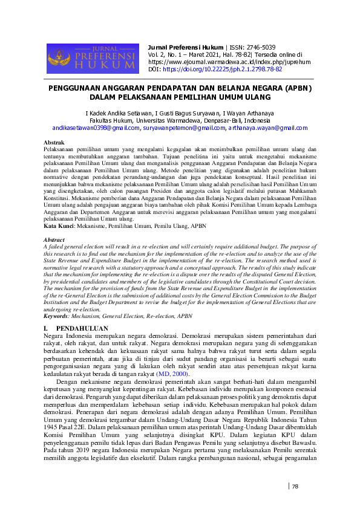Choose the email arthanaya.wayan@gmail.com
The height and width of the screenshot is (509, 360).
pyautogui.click(x=268, y=128)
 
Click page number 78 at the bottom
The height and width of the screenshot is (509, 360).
pyautogui.click(x=295, y=486)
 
